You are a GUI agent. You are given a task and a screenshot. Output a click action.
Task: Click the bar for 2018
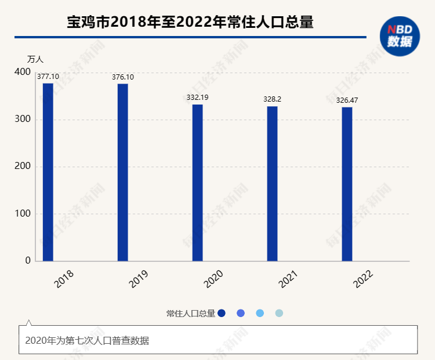click(x=48, y=172)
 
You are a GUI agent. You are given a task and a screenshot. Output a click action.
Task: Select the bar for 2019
click(x=122, y=172)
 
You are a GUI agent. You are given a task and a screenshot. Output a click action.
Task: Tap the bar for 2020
click(x=197, y=183)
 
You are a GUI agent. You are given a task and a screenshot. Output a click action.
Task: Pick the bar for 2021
click(x=272, y=183)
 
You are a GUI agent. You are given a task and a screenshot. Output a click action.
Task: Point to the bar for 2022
click(x=347, y=184)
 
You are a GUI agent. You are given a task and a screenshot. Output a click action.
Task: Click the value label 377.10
click(x=48, y=77)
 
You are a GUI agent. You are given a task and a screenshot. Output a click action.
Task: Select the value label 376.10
click(x=122, y=77)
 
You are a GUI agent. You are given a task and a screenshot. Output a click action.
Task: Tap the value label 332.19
click(x=197, y=98)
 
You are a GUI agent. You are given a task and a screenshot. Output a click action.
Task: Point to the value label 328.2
click(x=272, y=99)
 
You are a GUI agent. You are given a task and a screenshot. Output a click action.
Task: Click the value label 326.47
click(x=347, y=100)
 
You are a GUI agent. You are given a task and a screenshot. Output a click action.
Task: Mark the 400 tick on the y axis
click(x=23, y=72)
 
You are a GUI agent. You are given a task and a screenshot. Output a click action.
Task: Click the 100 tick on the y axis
click(x=23, y=214)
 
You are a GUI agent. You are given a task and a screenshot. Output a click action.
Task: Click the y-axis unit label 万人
click(x=35, y=59)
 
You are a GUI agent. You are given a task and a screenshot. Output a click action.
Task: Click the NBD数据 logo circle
click(x=400, y=36)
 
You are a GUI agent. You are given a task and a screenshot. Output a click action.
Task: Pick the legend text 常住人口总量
click(x=191, y=314)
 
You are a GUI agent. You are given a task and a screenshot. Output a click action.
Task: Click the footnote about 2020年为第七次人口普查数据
click(x=87, y=340)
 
